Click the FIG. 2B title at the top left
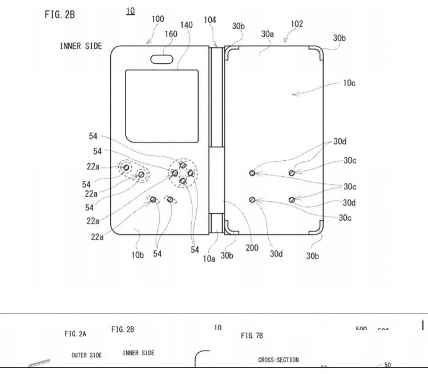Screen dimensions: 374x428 59,14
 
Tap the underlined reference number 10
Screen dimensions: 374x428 131,11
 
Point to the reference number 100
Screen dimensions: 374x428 158,19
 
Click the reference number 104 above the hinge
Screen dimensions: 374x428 210,19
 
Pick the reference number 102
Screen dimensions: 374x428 297,25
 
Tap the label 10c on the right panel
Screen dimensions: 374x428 349,83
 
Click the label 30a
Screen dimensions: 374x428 268,34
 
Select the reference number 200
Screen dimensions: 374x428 252,248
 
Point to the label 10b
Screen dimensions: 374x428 138,255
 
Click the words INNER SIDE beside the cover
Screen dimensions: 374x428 81,46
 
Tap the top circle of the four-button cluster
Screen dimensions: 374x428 182,165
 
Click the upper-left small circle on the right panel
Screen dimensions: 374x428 252,173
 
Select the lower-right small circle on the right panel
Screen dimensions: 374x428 292,199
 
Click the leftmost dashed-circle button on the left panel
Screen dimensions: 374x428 126,168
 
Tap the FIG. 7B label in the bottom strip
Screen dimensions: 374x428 252,336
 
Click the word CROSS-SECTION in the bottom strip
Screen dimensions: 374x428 278,360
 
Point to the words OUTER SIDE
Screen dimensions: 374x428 87,355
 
